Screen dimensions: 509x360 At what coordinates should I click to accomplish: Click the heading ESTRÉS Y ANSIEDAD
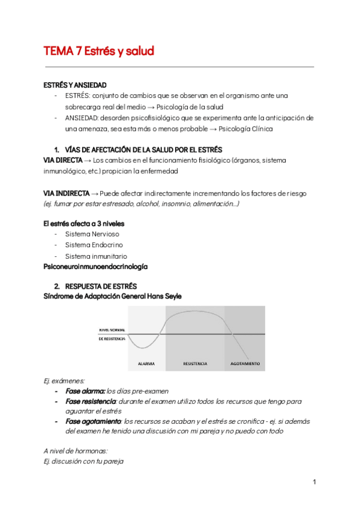pyautogui.click(x=75, y=85)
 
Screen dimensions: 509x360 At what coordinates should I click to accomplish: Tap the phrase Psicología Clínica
pyautogui.click(x=246, y=128)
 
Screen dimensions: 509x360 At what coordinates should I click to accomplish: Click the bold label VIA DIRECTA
pyautogui.click(x=63, y=160)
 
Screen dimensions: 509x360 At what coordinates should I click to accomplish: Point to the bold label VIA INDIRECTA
pyautogui.click(x=66, y=193)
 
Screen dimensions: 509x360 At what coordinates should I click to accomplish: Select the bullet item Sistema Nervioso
pyautogui.click(x=92, y=234)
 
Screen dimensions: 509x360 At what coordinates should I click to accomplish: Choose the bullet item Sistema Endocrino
pyautogui.click(x=94, y=245)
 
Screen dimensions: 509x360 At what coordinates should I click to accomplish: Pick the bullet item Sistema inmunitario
pyautogui.click(x=96, y=256)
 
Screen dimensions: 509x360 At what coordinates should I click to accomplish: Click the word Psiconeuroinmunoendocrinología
pyautogui.click(x=95, y=267)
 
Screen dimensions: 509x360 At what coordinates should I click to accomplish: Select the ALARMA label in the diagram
pyautogui.click(x=146, y=364)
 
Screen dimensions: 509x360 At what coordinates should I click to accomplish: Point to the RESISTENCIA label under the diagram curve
pyautogui.click(x=195, y=364)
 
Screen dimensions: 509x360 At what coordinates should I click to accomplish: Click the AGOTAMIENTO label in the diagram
pyautogui.click(x=245, y=364)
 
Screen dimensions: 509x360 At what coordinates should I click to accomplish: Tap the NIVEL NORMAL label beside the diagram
pyautogui.click(x=112, y=330)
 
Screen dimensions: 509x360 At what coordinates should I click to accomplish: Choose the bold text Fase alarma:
pyautogui.click(x=85, y=391)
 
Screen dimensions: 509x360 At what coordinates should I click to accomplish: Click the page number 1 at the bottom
pyautogui.click(x=314, y=482)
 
